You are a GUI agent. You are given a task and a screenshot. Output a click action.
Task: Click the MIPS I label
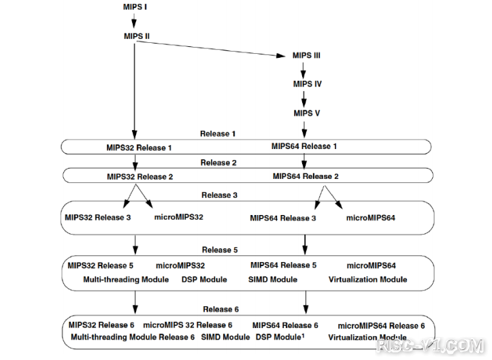(135, 7)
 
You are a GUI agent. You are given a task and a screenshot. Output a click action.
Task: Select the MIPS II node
(137, 36)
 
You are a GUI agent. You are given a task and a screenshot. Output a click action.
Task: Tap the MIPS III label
(306, 56)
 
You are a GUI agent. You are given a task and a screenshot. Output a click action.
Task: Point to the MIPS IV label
(307, 84)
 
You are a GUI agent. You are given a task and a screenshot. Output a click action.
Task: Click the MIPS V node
(306, 113)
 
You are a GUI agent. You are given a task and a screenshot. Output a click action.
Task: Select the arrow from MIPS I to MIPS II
(134, 20)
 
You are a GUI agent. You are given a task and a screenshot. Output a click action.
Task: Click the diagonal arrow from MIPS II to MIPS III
(211, 48)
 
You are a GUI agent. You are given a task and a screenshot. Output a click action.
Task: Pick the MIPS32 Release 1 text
(139, 148)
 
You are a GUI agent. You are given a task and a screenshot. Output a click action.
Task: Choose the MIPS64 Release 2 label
(306, 176)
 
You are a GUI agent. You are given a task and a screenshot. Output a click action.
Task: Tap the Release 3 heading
(219, 195)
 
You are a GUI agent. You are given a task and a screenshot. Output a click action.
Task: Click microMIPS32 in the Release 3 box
(178, 217)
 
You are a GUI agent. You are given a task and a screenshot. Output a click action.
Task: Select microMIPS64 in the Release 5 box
(371, 266)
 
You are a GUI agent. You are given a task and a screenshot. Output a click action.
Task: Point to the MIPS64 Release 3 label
(282, 218)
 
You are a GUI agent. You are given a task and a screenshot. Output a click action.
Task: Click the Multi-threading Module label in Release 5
(126, 280)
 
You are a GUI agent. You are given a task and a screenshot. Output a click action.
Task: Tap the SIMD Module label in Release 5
(273, 280)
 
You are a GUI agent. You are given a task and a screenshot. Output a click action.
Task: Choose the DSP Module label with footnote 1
(280, 337)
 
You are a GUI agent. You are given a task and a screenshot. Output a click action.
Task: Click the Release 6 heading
(220, 310)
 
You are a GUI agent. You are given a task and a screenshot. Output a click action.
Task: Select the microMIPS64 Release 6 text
(381, 326)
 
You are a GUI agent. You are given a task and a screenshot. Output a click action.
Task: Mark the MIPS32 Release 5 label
(101, 266)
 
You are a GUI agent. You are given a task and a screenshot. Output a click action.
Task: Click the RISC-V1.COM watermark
(431, 346)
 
